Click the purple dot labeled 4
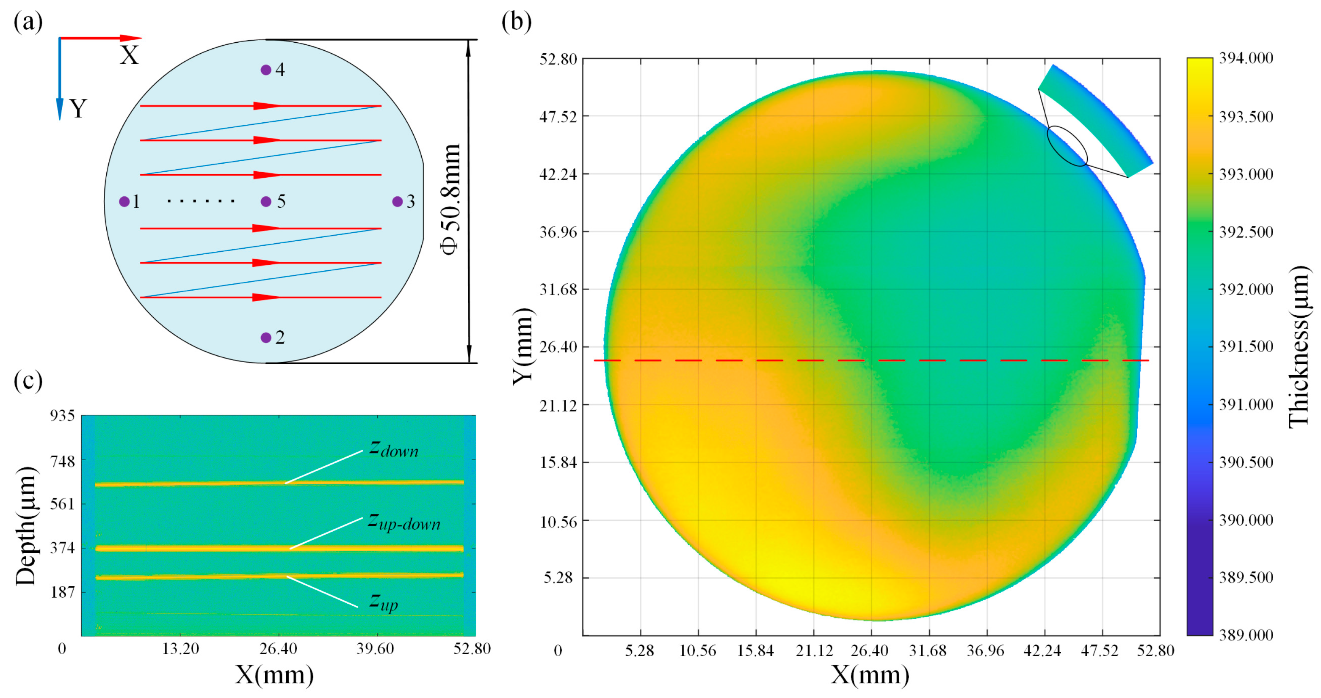265,70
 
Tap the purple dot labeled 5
265,201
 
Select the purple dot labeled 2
265,337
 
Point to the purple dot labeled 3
398,201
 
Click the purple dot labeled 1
124,201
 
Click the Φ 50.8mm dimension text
451,200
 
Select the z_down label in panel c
394,449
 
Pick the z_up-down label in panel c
404,522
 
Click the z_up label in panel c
384,602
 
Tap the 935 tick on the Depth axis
63,415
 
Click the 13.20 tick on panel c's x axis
180,649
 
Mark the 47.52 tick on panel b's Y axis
558,116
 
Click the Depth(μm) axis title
26,526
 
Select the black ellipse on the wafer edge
1067,146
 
